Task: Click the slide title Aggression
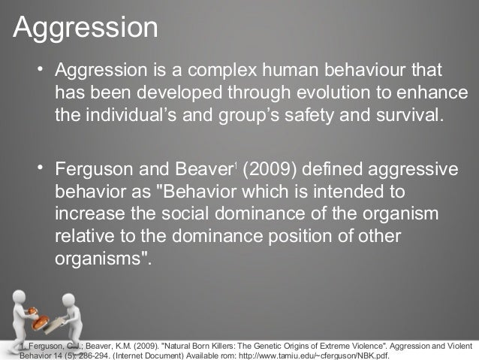coord(86,28)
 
